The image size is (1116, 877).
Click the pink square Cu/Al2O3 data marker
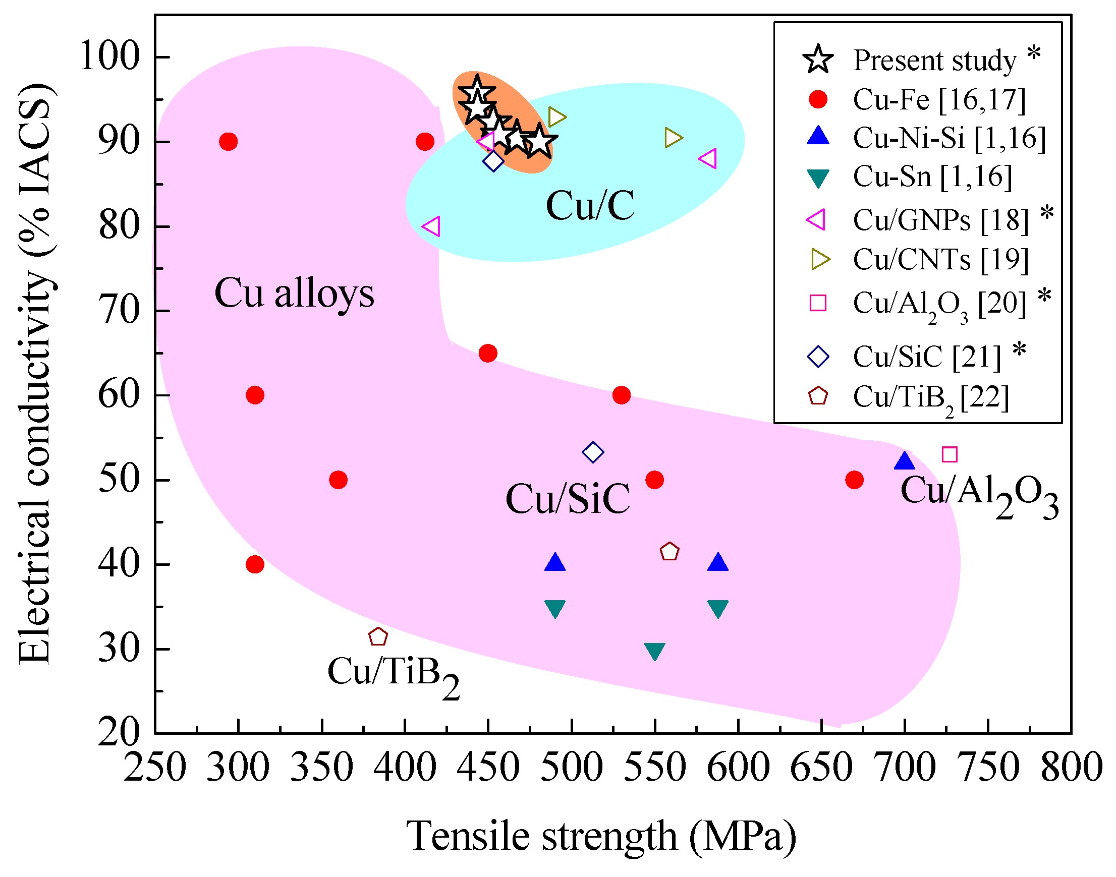point(949,454)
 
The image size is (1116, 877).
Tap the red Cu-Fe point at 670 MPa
point(854,480)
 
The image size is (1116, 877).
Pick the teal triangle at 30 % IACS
point(654,651)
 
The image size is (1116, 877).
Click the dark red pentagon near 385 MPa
point(378,637)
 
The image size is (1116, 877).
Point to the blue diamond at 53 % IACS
point(593,452)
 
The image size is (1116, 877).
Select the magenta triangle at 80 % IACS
point(431,226)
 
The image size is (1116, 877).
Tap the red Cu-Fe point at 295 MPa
point(228,141)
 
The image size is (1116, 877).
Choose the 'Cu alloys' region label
point(294,293)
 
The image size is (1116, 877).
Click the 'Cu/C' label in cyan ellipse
point(590,205)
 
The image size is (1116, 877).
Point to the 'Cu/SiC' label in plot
point(567,499)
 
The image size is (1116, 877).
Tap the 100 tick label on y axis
point(109,56)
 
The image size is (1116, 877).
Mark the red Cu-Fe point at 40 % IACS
point(255,565)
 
